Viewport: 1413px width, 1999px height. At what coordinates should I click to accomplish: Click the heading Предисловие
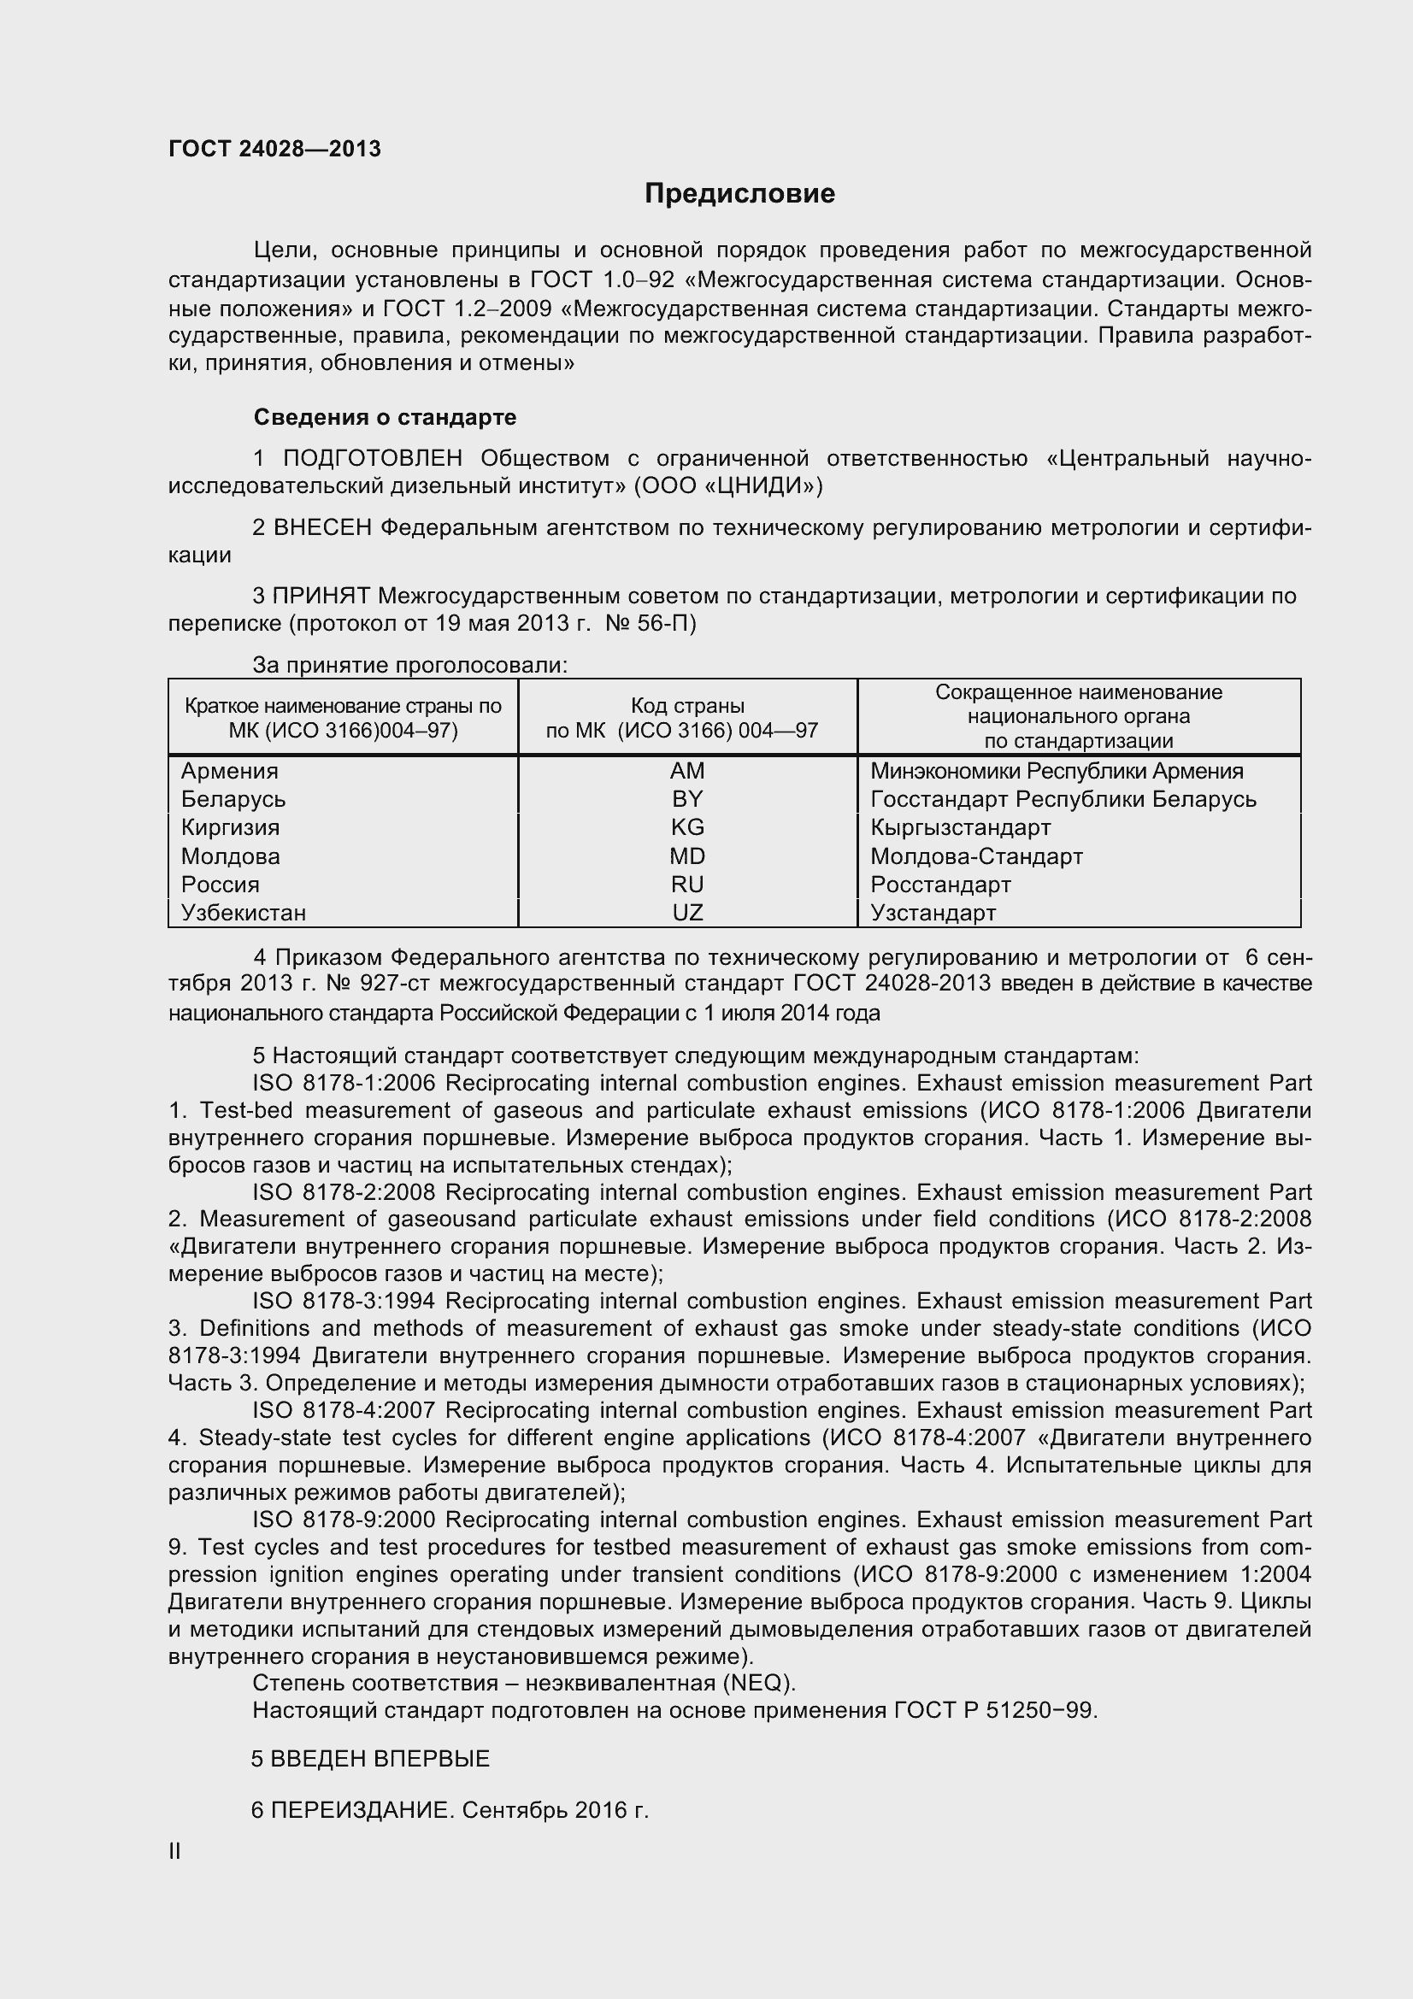[x=739, y=193]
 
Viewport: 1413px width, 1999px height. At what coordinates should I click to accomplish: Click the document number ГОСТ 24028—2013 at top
[x=274, y=150]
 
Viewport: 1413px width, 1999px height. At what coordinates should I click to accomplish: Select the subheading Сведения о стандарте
[x=385, y=418]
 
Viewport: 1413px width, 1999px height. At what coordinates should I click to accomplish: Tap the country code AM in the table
[x=687, y=771]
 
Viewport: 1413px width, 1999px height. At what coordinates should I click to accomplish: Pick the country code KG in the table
[x=687, y=827]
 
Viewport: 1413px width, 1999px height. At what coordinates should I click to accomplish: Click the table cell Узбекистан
[x=244, y=913]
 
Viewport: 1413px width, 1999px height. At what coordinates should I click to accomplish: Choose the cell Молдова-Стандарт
[x=976, y=855]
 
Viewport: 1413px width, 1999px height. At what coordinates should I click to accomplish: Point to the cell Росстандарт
[x=940, y=885]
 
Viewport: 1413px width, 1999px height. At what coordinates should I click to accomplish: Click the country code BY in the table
[x=687, y=799]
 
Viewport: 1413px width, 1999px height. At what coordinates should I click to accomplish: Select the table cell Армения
[x=230, y=771]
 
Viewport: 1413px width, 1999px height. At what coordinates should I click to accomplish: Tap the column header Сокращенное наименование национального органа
[x=1078, y=715]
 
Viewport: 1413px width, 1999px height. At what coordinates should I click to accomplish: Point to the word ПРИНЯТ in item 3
[x=321, y=597]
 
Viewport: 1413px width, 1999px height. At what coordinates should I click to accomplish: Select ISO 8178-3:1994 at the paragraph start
[x=343, y=1301]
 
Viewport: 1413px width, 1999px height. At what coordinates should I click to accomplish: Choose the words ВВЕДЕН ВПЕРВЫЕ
[x=380, y=1759]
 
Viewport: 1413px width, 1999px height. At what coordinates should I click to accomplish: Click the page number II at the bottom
[x=175, y=1851]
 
